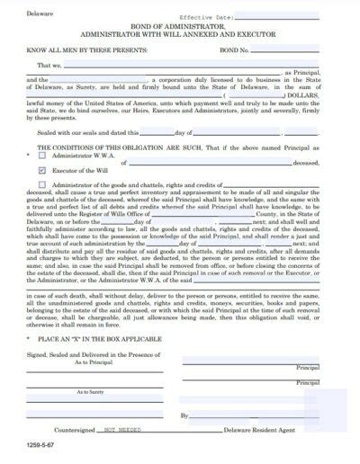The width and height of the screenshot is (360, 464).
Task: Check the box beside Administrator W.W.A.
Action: pyautogui.click(x=44, y=155)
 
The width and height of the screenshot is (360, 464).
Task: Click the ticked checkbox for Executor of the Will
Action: pyautogui.click(x=44, y=168)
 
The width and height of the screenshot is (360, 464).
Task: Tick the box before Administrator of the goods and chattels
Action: pyautogui.click(x=44, y=184)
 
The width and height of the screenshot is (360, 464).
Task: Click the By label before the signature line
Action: pyautogui.click(x=184, y=415)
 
